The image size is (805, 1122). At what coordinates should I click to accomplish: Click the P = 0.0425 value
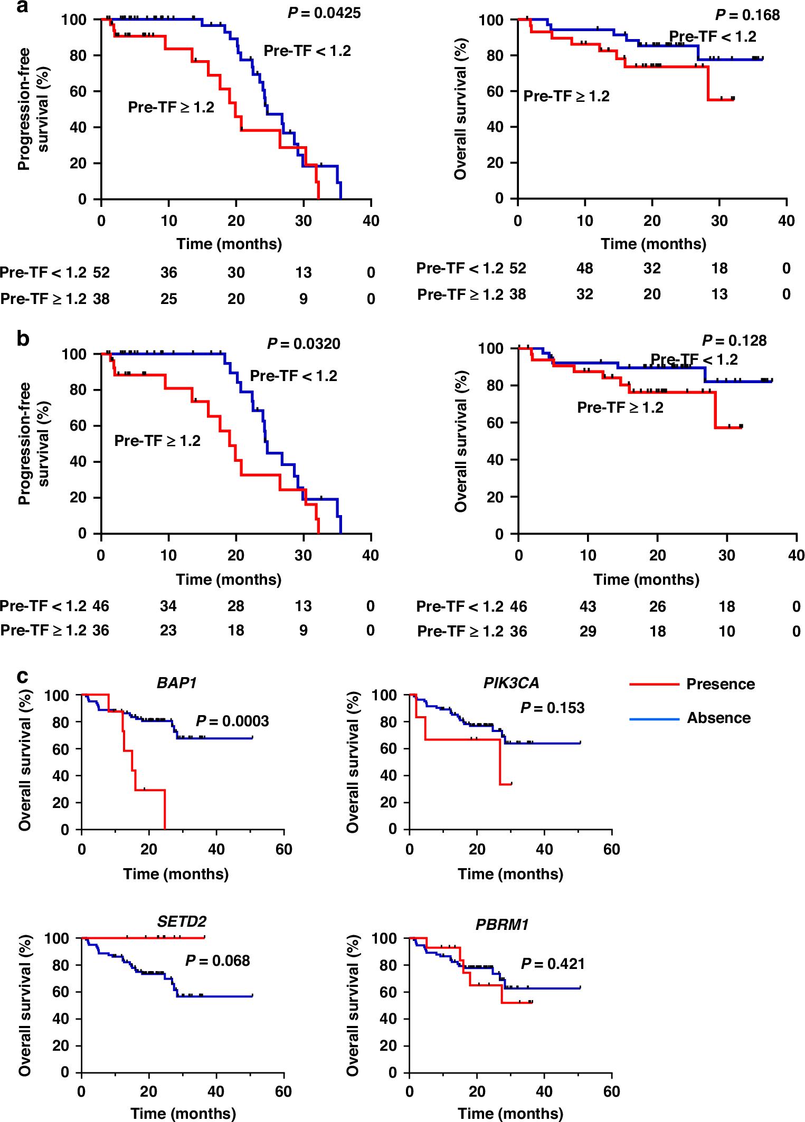pyautogui.click(x=324, y=13)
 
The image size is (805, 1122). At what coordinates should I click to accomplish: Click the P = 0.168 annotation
pyautogui.click(x=747, y=15)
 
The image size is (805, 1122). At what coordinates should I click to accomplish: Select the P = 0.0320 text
pyautogui.click(x=304, y=344)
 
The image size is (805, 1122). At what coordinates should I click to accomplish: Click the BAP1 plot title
pyautogui.click(x=177, y=683)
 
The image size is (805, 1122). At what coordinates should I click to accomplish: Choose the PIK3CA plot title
pyautogui.click(x=511, y=683)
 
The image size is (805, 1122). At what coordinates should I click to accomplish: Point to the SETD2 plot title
pyautogui.click(x=182, y=921)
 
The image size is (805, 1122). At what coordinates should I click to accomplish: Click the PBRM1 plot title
pyautogui.click(x=502, y=925)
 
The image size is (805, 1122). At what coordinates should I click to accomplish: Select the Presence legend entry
pyautogui.click(x=720, y=684)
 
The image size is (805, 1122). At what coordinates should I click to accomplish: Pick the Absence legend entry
pyautogui.click(x=718, y=718)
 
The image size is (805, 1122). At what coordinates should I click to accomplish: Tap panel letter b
pyautogui.click(x=22, y=338)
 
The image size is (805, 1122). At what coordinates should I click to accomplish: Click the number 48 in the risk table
pyautogui.click(x=584, y=268)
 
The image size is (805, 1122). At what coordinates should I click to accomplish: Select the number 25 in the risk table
pyautogui.click(x=168, y=299)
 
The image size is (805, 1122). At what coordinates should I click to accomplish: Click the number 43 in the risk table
pyautogui.click(x=588, y=606)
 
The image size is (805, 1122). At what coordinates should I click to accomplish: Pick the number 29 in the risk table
pyautogui.click(x=588, y=631)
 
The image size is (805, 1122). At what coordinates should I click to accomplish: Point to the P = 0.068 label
pyautogui.click(x=217, y=961)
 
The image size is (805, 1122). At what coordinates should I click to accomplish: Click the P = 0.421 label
pyautogui.click(x=553, y=964)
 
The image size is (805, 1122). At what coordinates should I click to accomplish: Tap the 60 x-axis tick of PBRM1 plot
pyautogui.click(x=611, y=1091)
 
